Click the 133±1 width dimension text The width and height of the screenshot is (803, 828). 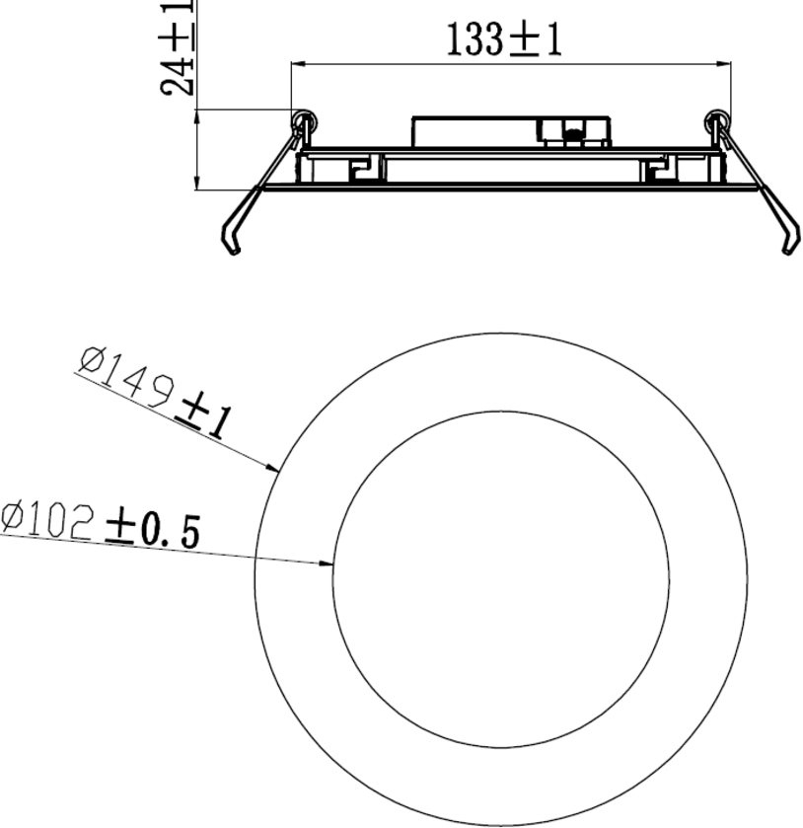point(504,40)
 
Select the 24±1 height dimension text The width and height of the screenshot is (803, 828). point(178,47)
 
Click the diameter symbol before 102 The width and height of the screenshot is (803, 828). point(13,515)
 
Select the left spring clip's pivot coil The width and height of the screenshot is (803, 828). point(303,122)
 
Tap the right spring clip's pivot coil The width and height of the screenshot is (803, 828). point(717,122)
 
